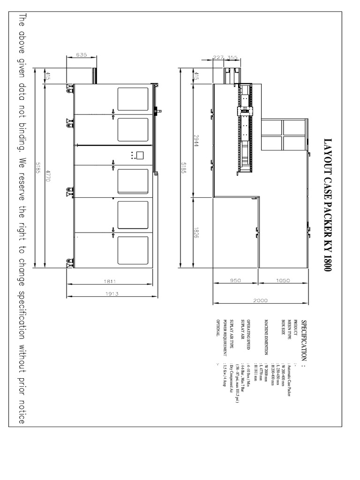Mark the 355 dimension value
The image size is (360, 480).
click(x=232, y=57)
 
